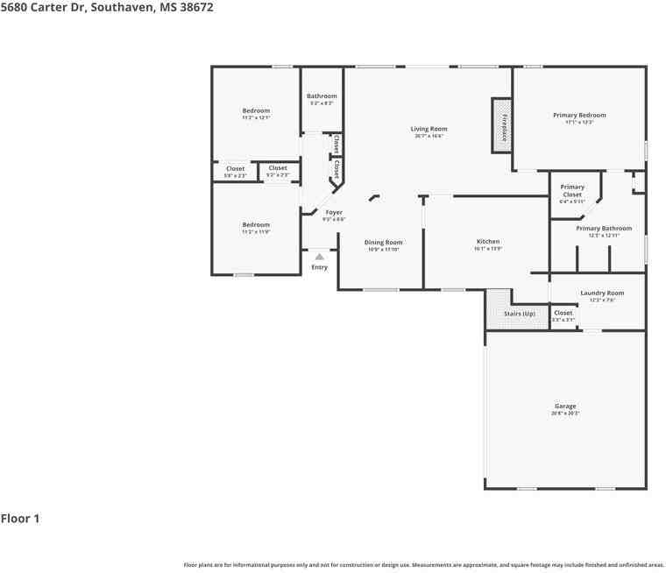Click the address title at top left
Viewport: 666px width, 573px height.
pyautogui.click(x=106, y=7)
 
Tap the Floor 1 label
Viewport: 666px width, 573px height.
pyautogui.click(x=20, y=519)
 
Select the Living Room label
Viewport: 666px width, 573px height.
pyautogui.click(x=429, y=129)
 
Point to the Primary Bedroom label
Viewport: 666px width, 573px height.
pyautogui.click(x=578, y=115)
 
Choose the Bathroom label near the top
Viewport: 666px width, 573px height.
pyautogui.click(x=322, y=96)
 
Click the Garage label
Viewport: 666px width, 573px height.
pyautogui.click(x=565, y=407)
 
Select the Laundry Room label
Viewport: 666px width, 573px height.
pyautogui.click(x=602, y=293)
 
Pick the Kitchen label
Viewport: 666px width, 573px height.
pyautogui.click(x=487, y=242)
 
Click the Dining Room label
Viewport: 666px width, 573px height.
pyautogui.click(x=383, y=243)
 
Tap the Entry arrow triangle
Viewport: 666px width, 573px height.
pyautogui.click(x=320, y=257)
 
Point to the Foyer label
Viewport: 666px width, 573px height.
pyautogui.click(x=334, y=213)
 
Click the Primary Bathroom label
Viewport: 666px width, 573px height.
pyautogui.click(x=604, y=229)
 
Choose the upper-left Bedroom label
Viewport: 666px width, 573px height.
pyautogui.click(x=256, y=110)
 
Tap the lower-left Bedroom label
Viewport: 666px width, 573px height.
pyautogui.click(x=256, y=225)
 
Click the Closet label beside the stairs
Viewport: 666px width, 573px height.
pyautogui.click(x=563, y=313)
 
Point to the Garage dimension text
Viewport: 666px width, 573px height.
pyautogui.click(x=565, y=413)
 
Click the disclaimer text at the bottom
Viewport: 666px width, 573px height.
pyautogui.click(x=423, y=565)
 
